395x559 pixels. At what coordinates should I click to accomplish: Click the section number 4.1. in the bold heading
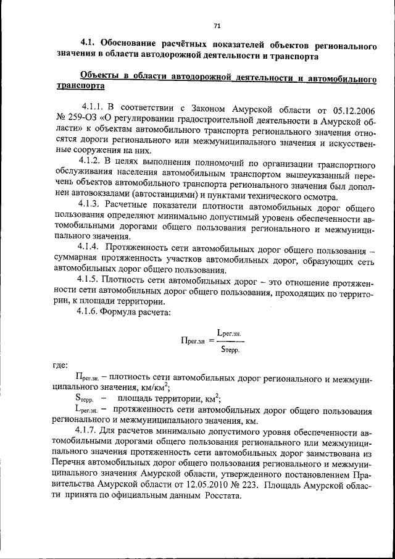click(x=91, y=46)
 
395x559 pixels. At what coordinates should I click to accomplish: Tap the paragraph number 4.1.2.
click(x=91, y=167)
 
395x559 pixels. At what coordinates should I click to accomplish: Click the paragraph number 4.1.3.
click(x=90, y=203)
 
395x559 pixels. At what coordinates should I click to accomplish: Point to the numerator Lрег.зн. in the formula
click(x=228, y=333)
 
